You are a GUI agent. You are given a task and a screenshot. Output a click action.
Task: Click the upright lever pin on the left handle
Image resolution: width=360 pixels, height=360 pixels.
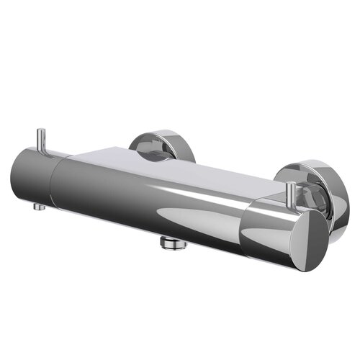42,140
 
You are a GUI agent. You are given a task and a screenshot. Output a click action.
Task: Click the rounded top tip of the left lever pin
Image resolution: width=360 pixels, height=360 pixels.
42,130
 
